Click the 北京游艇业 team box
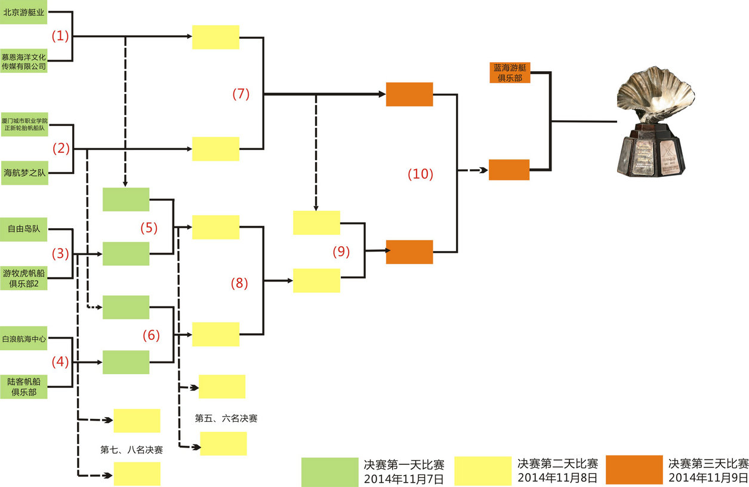coord(24,12)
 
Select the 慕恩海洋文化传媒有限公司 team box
coord(24,61)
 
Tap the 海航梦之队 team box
coord(24,173)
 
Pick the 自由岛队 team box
coord(24,228)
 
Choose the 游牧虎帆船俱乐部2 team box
coord(24,278)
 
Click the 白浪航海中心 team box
coord(24,338)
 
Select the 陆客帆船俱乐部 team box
coord(24,387)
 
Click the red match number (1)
coord(60,36)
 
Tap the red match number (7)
coord(241,94)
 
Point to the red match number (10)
coord(420,174)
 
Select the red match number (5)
coord(149,228)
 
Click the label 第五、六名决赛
coord(226,418)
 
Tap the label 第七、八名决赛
coord(131,449)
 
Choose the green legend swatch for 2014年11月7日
coord(329,471)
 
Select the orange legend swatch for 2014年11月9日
coord(634,470)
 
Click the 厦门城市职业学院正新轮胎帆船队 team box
coord(24,124)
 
